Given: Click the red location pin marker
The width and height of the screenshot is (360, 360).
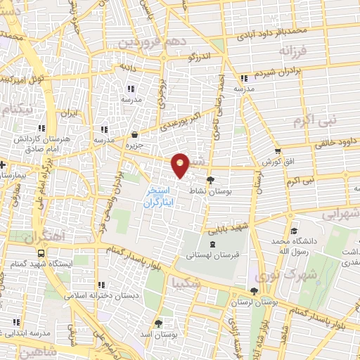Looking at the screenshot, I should tap(181, 165).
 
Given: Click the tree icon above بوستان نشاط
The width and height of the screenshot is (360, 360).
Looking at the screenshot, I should tap(210, 181).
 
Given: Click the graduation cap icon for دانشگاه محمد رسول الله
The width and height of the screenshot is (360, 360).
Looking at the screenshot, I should tap(293, 231).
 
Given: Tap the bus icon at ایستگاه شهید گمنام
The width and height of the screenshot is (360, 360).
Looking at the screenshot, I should tap(40, 252).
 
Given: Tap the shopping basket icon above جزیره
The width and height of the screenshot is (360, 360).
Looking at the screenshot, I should tap(134, 134).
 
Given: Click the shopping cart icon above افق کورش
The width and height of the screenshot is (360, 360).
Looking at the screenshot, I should tap(278, 151).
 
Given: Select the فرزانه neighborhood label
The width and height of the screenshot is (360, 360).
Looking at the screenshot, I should tap(293, 52).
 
